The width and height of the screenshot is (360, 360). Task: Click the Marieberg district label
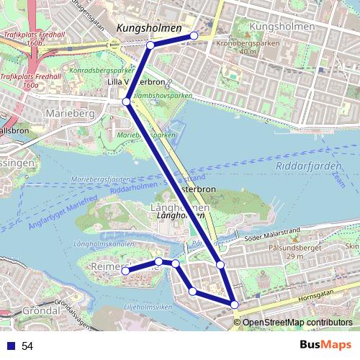66,113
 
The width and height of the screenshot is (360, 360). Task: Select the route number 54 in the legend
27,346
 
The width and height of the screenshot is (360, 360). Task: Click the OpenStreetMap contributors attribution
297,322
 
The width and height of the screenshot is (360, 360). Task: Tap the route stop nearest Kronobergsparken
194,35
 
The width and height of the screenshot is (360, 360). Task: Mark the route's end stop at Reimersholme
125,271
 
